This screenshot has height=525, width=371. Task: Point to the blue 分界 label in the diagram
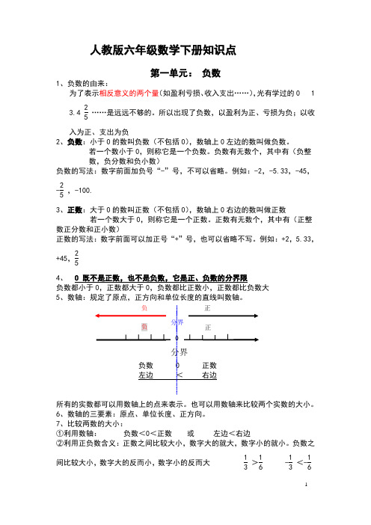(x=177, y=322)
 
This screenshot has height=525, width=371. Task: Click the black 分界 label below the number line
(x=178, y=351)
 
